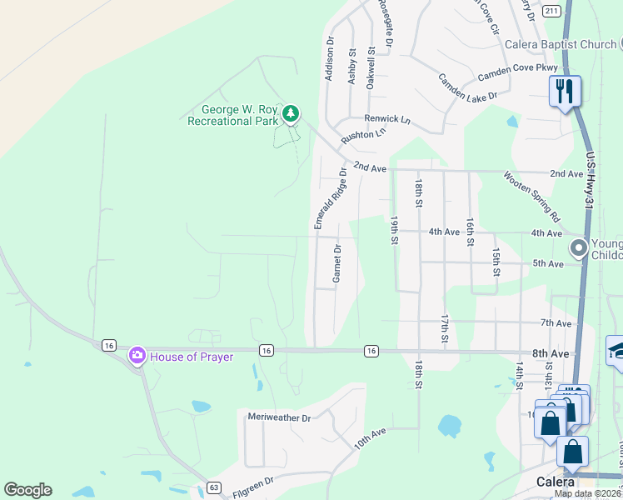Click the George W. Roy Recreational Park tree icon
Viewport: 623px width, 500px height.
(290, 112)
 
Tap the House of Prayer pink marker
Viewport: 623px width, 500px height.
(137, 356)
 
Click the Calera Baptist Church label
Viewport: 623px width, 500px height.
(563, 44)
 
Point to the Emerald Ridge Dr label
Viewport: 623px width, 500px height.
(329, 198)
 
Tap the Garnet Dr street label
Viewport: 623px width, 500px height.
(337, 263)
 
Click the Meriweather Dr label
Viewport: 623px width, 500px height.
(279, 417)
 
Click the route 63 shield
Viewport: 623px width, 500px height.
(214, 487)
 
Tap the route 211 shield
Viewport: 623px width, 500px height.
(551, 10)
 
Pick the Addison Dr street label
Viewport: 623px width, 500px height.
(330, 60)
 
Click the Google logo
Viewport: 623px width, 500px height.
(27, 490)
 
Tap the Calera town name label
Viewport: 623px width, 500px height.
(555, 482)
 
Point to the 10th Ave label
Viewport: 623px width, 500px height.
(370, 438)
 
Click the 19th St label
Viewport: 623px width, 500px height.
(393, 231)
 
